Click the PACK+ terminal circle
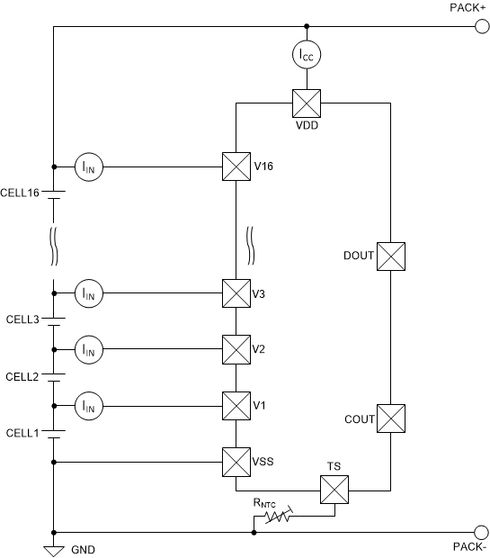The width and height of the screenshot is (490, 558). click(482, 26)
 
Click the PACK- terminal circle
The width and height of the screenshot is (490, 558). click(482, 531)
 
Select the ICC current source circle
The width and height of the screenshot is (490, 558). click(307, 56)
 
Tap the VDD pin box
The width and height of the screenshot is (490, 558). click(307, 103)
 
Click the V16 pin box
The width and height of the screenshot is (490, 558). click(236, 166)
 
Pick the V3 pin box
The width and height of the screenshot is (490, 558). click(236, 292)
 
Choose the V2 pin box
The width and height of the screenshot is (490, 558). click(236, 348)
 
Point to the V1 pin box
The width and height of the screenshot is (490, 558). click(236, 405)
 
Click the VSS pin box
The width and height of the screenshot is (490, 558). click(236, 463)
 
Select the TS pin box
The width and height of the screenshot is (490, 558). click(334, 490)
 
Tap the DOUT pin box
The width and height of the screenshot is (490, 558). click(391, 256)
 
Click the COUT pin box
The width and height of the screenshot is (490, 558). click(391, 418)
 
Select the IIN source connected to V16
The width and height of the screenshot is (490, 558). click(88, 166)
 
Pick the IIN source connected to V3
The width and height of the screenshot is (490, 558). click(88, 292)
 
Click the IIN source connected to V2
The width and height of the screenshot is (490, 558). click(88, 348)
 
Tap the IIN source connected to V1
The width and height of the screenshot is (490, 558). click(88, 405)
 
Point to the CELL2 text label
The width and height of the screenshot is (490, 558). click(22, 376)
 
